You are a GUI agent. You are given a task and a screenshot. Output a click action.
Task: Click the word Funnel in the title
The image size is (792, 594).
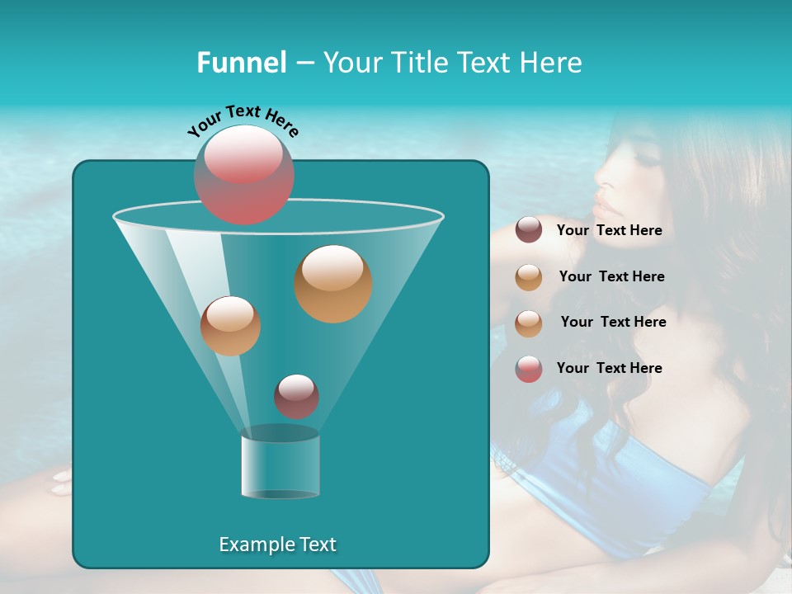(241, 63)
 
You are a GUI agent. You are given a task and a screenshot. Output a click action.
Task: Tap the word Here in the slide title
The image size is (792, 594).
(552, 63)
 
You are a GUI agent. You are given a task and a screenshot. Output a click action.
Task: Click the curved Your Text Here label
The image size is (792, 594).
(243, 120)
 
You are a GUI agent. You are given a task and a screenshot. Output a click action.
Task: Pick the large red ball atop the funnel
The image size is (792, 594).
(244, 174)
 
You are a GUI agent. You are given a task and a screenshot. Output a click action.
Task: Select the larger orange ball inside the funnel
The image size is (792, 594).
(333, 283)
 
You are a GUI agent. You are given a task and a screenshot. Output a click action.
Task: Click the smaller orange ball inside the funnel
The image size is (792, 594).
(230, 326)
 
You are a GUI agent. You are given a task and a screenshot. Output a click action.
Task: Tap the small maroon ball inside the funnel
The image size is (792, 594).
(296, 396)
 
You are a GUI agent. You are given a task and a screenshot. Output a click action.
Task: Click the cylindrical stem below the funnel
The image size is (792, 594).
(280, 465)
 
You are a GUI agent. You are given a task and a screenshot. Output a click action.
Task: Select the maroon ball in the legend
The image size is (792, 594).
(529, 230)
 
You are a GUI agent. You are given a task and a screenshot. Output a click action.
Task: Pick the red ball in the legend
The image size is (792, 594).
(529, 369)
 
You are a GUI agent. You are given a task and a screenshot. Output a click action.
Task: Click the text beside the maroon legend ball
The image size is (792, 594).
(609, 231)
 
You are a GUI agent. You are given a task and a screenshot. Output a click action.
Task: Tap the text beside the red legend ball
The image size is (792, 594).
(609, 368)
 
